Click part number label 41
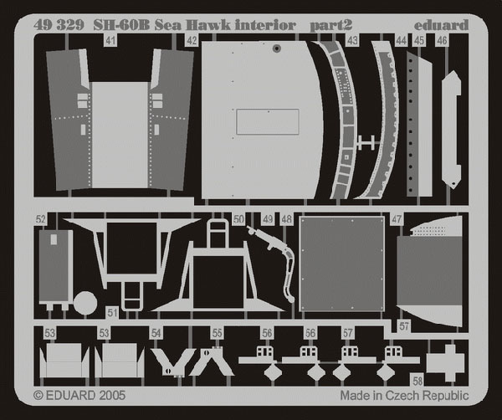[x=110, y=41]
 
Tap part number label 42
[x=192, y=41]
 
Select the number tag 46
[x=442, y=41]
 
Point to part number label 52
[x=41, y=219]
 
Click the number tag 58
[x=417, y=381]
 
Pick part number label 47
[x=397, y=219]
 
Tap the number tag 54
[x=156, y=333]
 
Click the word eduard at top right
[x=441, y=25]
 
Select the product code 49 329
[x=59, y=25]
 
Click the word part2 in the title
[x=331, y=26]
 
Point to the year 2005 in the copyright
[x=112, y=395]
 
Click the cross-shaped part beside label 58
[x=445, y=363]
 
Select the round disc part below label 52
[x=85, y=302]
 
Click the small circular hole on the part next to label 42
[x=276, y=49]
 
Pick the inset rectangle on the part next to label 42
[x=268, y=121]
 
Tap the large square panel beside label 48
[x=341, y=264]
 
